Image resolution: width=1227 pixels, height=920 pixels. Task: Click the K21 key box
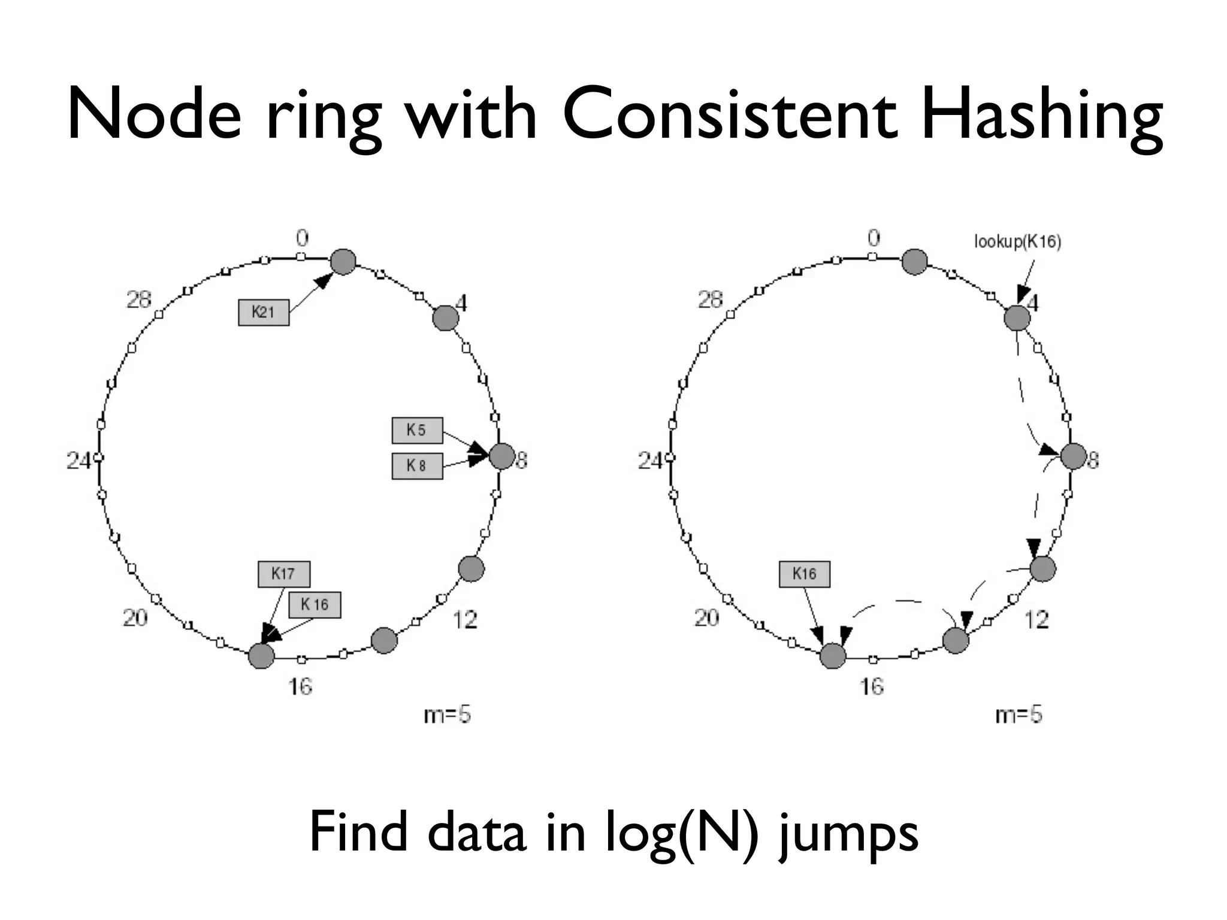pos(264,312)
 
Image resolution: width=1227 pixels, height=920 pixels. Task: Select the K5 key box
pos(417,430)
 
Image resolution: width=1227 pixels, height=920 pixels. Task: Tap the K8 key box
pos(417,466)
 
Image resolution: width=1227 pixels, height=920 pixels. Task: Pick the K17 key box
pos(283,574)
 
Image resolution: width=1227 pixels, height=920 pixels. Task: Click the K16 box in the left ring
pos(315,604)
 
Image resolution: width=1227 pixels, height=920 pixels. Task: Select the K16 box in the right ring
pos(804,574)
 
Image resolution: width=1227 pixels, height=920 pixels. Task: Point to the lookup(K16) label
pos(1017,241)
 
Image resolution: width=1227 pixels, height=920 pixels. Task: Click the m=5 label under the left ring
pos(447,715)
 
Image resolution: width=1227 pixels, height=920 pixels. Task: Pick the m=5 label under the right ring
pos(1019,715)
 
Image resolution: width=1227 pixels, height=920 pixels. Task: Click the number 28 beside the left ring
pos(138,299)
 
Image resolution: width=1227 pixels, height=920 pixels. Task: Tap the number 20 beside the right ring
pos(706,617)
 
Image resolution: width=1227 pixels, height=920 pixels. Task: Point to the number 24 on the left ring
pos(78,461)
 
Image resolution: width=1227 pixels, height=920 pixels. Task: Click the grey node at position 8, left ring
pos(502,456)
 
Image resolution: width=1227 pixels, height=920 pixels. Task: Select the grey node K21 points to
pos(343,262)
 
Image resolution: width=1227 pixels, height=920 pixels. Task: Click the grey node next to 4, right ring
pos(1017,317)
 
